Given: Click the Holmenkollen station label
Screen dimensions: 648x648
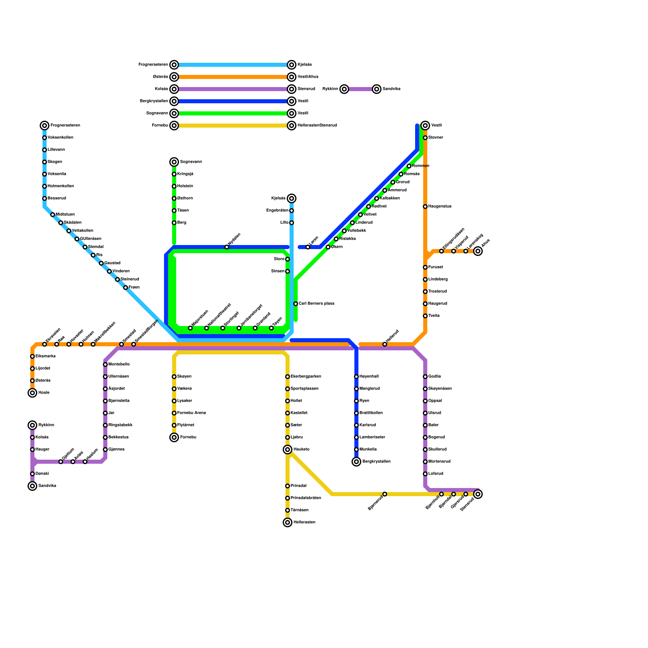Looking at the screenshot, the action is pyautogui.click(x=61, y=186).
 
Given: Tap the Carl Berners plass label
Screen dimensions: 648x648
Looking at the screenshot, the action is pyautogui.click(x=316, y=304).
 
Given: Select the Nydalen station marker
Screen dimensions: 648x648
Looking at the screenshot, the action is pyautogui.click(x=227, y=247).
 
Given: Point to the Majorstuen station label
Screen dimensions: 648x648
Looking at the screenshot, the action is pyautogui.click(x=200, y=318).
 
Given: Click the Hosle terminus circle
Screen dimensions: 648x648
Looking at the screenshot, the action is pyautogui.click(x=32, y=393).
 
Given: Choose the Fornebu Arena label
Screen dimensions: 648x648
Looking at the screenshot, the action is pyautogui.click(x=192, y=413).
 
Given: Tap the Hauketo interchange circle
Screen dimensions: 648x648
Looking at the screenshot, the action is pyautogui.click(x=288, y=450).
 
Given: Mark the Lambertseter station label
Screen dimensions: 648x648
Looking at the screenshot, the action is pyautogui.click(x=372, y=437).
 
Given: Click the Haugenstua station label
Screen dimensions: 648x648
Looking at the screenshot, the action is pyautogui.click(x=440, y=207).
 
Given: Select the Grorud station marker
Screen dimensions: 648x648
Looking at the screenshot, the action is pyautogui.click(x=393, y=182).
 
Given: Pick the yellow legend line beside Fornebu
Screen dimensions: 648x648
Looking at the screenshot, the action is pyautogui.click(x=233, y=126).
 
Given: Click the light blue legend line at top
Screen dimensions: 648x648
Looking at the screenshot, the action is pyautogui.click(x=233, y=65).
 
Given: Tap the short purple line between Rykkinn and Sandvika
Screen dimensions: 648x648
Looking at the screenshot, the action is pyautogui.click(x=360, y=89).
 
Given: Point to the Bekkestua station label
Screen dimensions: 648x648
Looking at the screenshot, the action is pyautogui.click(x=118, y=437).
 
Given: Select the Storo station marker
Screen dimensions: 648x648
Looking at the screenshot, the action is pyautogui.click(x=288, y=259).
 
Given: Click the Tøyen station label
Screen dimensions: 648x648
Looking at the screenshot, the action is pyautogui.click(x=277, y=321).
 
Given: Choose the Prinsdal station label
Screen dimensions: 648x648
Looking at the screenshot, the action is pyautogui.click(x=298, y=486).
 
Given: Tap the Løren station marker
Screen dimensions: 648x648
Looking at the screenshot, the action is pyautogui.click(x=308, y=247).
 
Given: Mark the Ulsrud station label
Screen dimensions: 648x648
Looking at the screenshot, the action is pyautogui.click(x=435, y=413).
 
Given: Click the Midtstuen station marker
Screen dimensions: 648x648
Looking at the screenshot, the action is pyautogui.click(x=53, y=215).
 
